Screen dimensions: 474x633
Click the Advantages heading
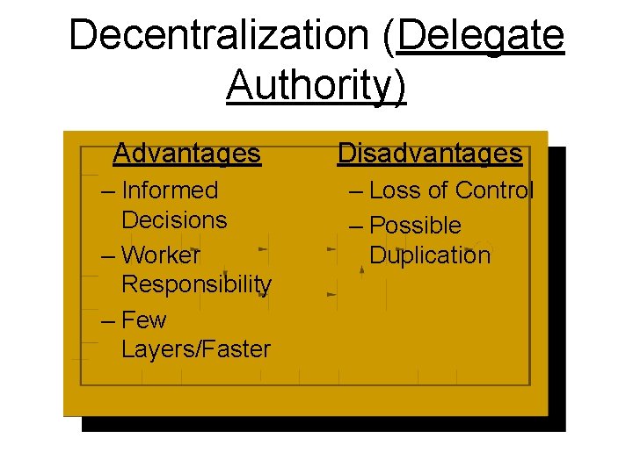187,154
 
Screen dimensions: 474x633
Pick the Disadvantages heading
430,154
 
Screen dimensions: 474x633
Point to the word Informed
170,190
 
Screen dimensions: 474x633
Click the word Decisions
174,220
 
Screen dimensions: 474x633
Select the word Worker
161,255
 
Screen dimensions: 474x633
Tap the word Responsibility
196,284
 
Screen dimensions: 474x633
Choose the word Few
144,320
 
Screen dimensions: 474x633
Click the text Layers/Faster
196,349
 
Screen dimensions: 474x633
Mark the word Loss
396,190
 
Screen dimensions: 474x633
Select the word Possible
415,226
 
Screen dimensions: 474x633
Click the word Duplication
430,255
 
